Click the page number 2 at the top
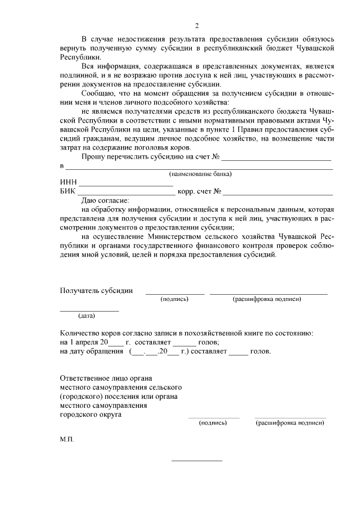tap(196, 26)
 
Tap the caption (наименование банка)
tap(201, 174)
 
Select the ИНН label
tap(68, 183)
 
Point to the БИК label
tap(67, 192)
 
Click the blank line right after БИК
tap(127, 193)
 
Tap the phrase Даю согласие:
tap(105, 200)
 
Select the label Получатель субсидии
tap(96, 291)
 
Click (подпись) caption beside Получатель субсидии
tap(174, 299)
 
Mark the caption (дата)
tap(87, 316)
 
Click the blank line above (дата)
tap(89, 310)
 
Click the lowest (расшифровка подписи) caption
tap(290, 422)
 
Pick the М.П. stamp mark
tap(66, 438)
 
